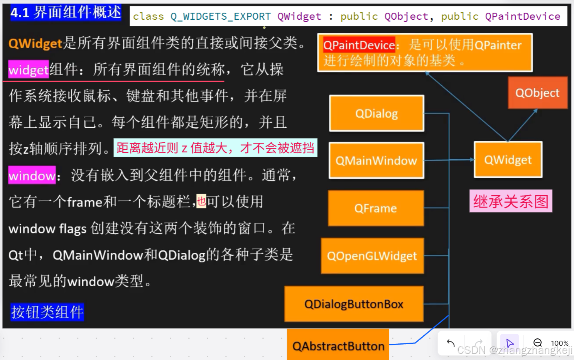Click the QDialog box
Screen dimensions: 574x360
[x=376, y=113]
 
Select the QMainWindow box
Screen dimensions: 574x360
[x=376, y=160]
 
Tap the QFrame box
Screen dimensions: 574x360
[x=376, y=208]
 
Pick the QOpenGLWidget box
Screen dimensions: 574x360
[x=372, y=256]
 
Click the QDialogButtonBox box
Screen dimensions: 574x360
[x=354, y=304]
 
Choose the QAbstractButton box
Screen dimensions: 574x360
[x=338, y=346]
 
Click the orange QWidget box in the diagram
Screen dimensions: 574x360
[x=508, y=160]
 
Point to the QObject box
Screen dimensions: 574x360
[x=537, y=93]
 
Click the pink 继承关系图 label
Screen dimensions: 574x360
[x=511, y=201]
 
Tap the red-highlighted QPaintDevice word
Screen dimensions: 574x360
[x=359, y=45]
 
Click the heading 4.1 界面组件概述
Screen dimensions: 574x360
[x=66, y=12]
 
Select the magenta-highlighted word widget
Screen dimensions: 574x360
[x=29, y=70]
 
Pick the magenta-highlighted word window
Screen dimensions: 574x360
[x=32, y=176]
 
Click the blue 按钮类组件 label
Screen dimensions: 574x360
[x=47, y=312]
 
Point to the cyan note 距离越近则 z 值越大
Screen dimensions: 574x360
[x=215, y=148]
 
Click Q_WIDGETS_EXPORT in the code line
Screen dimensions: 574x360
[x=221, y=17]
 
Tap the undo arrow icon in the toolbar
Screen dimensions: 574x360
[x=451, y=343]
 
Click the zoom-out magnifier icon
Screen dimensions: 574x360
[x=537, y=343]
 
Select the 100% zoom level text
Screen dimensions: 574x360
[x=559, y=343]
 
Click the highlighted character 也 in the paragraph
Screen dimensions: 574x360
[x=201, y=201]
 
